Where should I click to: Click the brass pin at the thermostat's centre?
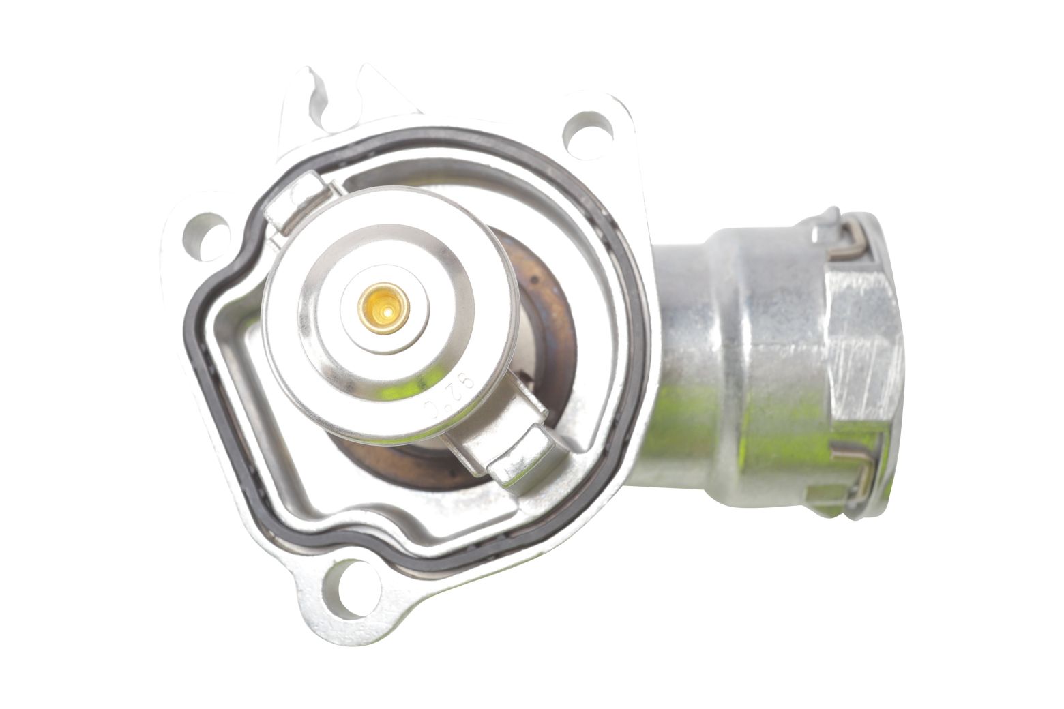(x=384, y=308)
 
